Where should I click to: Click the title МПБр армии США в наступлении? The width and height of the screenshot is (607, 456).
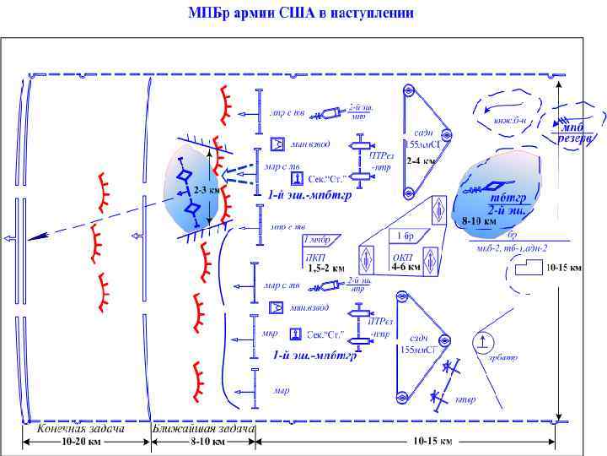tap(300, 13)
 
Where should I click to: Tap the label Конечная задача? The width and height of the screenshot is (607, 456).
tap(82, 428)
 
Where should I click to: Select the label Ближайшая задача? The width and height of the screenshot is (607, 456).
tap(203, 428)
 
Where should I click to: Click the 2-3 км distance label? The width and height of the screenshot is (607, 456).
tap(206, 190)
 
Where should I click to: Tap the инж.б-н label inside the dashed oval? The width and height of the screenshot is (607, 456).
tap(510, 120)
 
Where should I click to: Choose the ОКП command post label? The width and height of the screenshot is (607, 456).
tap(402, 257)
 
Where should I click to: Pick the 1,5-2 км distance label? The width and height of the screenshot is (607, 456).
tap(326, 268)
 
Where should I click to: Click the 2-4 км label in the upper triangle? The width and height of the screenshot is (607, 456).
tap(422, 160)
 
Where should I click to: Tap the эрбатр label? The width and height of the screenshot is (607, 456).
tap(503, 357)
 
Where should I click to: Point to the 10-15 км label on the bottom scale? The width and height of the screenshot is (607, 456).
tap(432, 441)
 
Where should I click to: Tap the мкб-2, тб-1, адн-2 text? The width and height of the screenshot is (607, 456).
tap(512, 247)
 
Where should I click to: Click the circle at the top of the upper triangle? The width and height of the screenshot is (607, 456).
tap(409, 90)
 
